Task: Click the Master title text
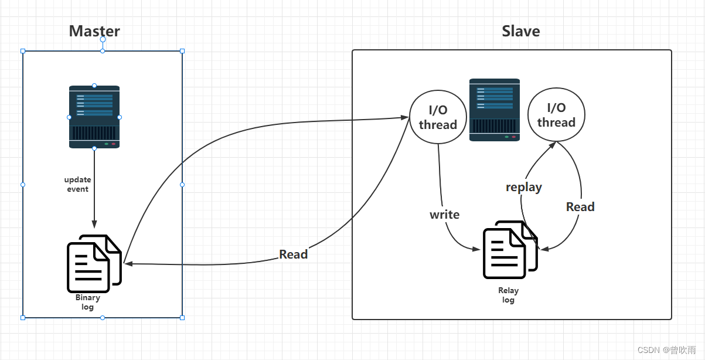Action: point(94,31)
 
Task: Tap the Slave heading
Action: point(521,31)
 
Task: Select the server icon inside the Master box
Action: point(94,117)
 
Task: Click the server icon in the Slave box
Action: point(495,110)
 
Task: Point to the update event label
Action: point(78,184)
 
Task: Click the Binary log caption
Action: point(88,302)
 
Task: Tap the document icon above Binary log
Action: point(94,264)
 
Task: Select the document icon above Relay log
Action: point(510,250)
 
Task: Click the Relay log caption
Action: point(508,295)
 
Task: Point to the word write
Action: point(444,215)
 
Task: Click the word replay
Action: point(524,188)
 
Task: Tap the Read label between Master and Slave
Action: point(294,254)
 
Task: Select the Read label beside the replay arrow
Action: point(580,207)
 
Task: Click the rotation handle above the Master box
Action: point(103,39)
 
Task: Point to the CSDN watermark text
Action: point(666,350)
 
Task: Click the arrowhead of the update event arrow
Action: point(94,224)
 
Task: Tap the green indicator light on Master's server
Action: point(107,144)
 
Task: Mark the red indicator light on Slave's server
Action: point(513,137)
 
